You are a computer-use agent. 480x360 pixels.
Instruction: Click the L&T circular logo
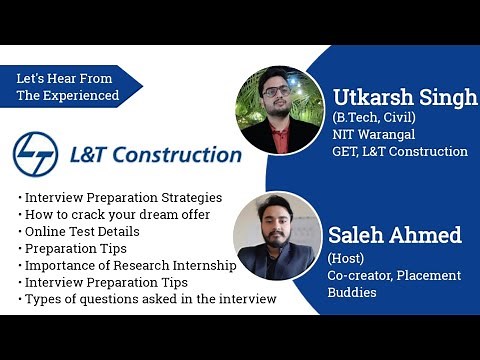click(x=36, y=154)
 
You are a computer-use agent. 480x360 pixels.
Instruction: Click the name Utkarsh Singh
click(x=405, y=98)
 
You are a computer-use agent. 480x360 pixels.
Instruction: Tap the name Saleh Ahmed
click(x=394, y=236)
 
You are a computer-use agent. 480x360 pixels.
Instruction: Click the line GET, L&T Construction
click(x=400, y=152)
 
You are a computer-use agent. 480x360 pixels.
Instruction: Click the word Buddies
click(x=357, y=292)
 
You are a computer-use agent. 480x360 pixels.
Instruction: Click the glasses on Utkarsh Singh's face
click(x=274, y=91)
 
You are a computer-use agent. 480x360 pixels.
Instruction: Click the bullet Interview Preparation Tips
click(x=108, y=282)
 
